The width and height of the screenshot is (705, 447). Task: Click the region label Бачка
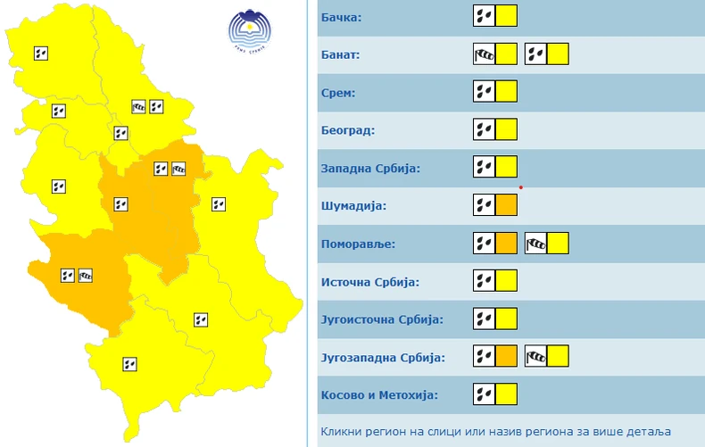click(x=343, y=17)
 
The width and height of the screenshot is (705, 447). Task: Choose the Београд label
click(x=347, y=130)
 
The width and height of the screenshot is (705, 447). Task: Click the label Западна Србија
click(x=369, y=169)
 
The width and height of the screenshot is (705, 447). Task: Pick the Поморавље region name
click(x=357, y=244)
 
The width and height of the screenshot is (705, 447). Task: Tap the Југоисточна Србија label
click(x=381, y=319)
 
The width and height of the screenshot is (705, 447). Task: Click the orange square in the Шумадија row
click(x=506, y=206)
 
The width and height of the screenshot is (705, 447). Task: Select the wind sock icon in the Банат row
click(x=483, y=54)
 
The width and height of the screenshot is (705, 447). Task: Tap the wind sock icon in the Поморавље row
click(x=535, y=244)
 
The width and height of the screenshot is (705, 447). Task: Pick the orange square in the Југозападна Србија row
click(x=506, y=357)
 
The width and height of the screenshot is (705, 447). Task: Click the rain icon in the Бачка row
click(x=483, y=16)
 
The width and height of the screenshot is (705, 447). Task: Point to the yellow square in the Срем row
click(x=506, y=92)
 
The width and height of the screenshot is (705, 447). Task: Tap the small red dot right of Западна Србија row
click(x=520, y=187)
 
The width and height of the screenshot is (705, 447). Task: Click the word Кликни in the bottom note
click(x=339, y=430)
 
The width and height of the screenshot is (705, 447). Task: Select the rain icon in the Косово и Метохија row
click(x=483, y=394)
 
